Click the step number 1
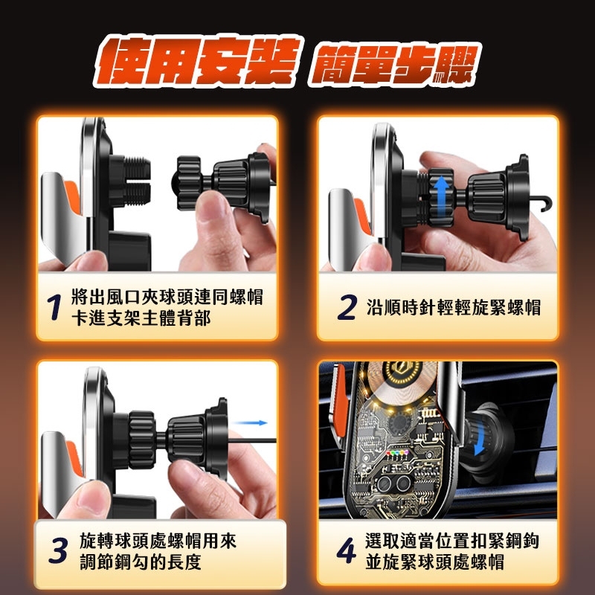pos(53,308)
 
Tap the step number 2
pos(347,307)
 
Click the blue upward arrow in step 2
pos(441,190)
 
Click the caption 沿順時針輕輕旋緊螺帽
pos(454,307)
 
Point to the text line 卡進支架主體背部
pos(141,318)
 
